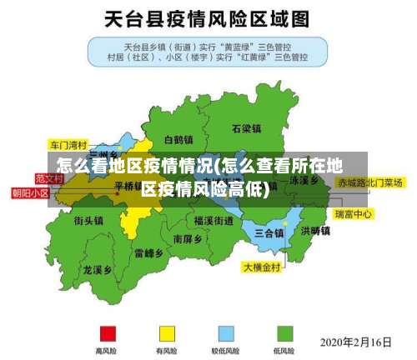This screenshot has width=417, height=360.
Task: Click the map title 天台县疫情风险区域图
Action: (x=208, y=17)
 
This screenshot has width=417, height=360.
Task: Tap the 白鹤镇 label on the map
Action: (x=178, y=140)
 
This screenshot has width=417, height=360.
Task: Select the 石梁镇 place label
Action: (x=247, y=129)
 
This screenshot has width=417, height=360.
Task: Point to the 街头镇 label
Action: (x=88, y=221)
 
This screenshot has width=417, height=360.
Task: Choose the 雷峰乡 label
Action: (x=148, y=252)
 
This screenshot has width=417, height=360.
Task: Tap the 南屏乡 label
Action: (x=189, y=238)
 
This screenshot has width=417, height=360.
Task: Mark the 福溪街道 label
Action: (x=214, y=221)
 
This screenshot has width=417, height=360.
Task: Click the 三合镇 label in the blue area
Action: (x=269, y=232)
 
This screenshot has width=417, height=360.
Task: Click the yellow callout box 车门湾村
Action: (x=68, y=142)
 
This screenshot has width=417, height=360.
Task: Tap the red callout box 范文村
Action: (x=49, y=178)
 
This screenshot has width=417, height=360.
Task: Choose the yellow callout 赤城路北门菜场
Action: (x=369, y=182)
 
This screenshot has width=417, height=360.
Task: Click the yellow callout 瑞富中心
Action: (x=353, y=214)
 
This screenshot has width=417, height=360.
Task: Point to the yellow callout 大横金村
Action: (x=264, y=267)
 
